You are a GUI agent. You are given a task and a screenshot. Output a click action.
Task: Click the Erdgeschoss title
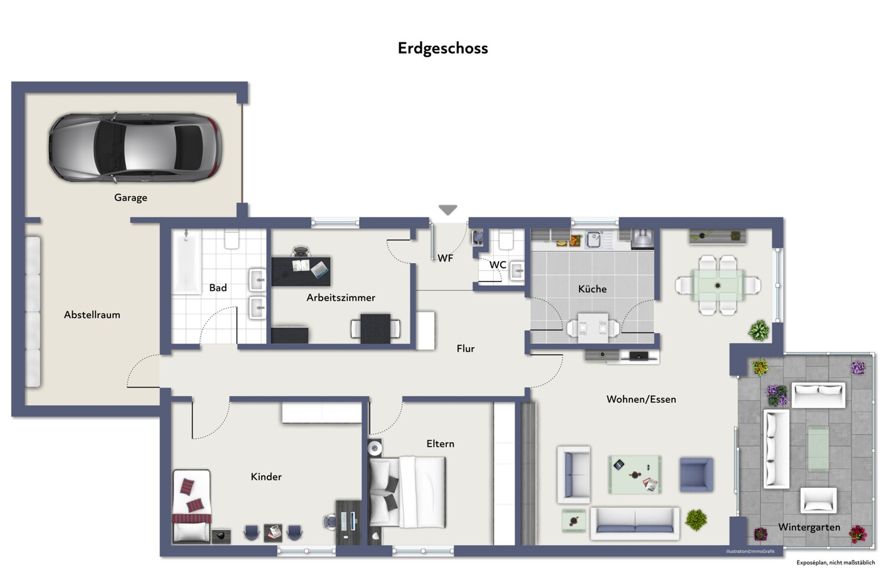click(442, 48)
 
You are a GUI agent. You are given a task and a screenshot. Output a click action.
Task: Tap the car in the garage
click(135, 148)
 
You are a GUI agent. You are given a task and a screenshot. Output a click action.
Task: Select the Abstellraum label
click(92, 315)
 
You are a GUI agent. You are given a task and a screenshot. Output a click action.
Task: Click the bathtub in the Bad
click(187, 262)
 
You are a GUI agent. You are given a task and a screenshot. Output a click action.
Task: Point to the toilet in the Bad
click(232, 239)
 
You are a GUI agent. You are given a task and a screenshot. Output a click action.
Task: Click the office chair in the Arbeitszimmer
click(301, 252)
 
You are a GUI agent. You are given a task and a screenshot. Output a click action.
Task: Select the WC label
click(497, 265)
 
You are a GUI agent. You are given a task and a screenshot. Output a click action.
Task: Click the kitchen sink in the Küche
click(594, 239)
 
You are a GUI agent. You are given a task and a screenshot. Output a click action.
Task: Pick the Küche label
click(592, 289)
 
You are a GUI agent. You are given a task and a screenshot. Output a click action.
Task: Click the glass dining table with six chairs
click(718, 285)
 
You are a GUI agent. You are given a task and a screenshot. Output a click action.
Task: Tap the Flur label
click(465, 348)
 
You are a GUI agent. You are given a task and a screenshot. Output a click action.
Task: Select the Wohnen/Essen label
click(641, 399)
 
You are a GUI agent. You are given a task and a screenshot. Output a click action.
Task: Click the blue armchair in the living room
click(696, 475)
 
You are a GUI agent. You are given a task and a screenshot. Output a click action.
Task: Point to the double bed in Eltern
click(408, 493)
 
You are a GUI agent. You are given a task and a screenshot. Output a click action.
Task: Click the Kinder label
click(266, 477)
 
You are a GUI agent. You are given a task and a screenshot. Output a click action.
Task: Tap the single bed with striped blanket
click(191, 506)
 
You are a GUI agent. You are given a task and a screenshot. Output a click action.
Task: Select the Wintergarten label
click(809, 527)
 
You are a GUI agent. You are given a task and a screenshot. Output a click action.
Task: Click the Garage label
click(131, 197)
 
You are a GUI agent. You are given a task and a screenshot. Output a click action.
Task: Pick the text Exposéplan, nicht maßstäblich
click(835, 563)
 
